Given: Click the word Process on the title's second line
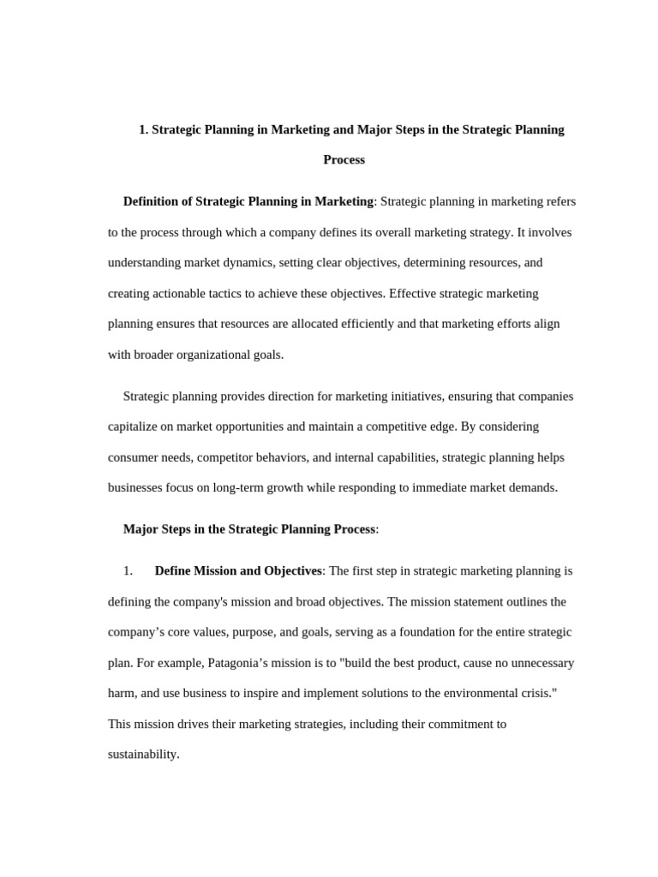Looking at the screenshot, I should (x=344, y=160).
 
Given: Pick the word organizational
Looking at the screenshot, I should (x=209, y=355).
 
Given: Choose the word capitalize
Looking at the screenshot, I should (x=137, y=427).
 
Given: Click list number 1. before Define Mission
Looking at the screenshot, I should (x=129, y=571).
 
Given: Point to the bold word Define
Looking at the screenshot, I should (x=173, y=571).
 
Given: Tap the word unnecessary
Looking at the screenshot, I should (x=531, y=663).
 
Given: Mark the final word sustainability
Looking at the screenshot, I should (x=143, y=755).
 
